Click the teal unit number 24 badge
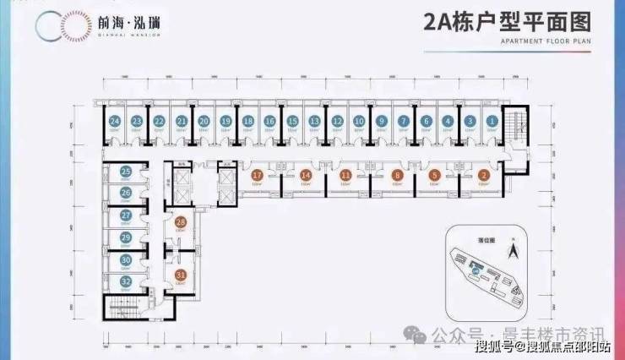point(115,121)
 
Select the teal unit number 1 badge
point(492,121)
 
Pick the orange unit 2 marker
point(483,175)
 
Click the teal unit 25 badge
point(125,172)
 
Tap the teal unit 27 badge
point(125,215)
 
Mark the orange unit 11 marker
point(346,175)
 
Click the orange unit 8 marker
point(396,175)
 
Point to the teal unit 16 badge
point(269,121)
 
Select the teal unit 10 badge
point(358,121)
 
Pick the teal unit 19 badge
point(226,121)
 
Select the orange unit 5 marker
point(434,175)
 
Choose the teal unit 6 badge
point(425,121)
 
